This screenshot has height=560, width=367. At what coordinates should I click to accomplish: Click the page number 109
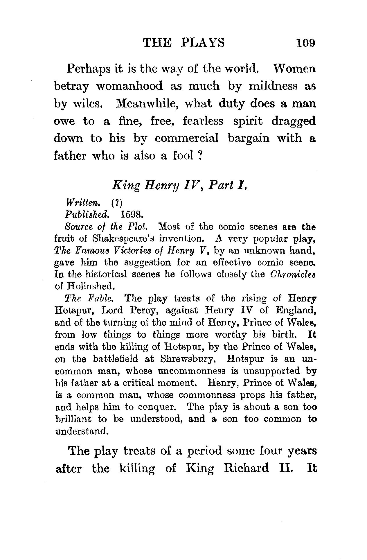point(305,43)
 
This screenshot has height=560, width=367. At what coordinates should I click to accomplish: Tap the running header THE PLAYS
point(184,43)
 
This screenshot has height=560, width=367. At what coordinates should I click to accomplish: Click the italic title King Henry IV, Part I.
point(180,185)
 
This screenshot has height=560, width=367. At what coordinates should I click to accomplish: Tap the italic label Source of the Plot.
point(106,226)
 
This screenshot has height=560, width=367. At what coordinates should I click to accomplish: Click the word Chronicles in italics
point(293,274)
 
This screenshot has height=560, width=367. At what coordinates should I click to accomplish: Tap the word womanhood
point(129,86)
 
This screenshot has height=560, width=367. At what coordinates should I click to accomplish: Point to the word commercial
point(186,138)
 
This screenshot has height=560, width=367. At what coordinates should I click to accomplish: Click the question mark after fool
point(199,156)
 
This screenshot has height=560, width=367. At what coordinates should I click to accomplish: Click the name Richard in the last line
point(247,469)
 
